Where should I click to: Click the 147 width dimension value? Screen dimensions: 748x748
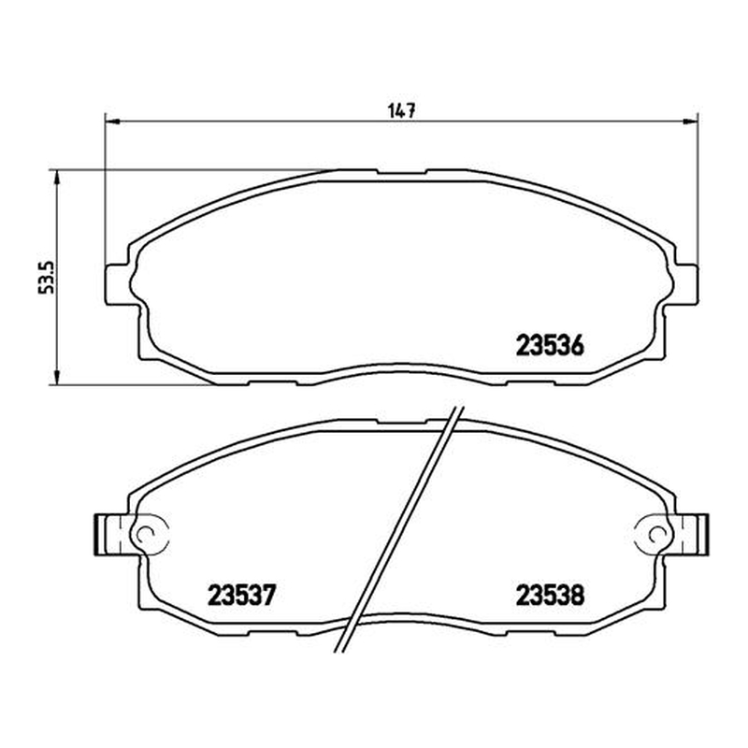[402, 111]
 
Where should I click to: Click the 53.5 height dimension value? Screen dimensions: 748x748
[47, 278]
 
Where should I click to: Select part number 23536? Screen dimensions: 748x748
[550, 345]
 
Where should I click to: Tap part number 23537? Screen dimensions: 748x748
[242, 595]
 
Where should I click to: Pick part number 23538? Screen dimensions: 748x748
[550, 595]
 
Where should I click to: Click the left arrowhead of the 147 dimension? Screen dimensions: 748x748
[111, 122]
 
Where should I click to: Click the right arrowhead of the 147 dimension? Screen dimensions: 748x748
[690, 122]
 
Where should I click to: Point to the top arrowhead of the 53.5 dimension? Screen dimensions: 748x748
[56, 177]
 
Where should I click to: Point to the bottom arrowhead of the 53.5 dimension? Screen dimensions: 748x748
[56, 378]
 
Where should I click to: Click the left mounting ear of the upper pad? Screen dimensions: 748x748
[118, 284]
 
